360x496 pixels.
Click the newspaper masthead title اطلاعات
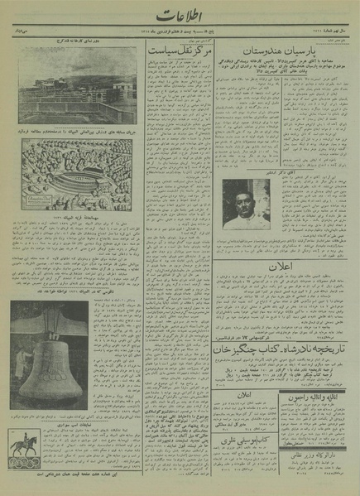tap(180, 19)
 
